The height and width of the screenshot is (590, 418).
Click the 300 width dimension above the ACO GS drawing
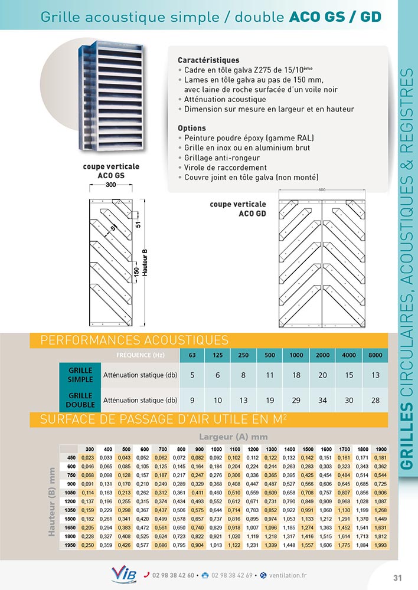pos(110,185)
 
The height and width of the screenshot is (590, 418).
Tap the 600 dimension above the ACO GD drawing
pos(321,190)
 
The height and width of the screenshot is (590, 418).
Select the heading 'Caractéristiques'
pos(208,60)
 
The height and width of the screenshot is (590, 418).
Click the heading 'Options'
pos(191,128)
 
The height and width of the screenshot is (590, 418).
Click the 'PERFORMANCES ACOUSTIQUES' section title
pos(134,340)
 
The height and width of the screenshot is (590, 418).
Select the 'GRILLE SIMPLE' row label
pos(80,375)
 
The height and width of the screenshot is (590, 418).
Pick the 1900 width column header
pos(380,449)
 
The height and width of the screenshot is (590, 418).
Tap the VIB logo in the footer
pos(123,575)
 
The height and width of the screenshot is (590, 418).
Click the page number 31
pos(397,577)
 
